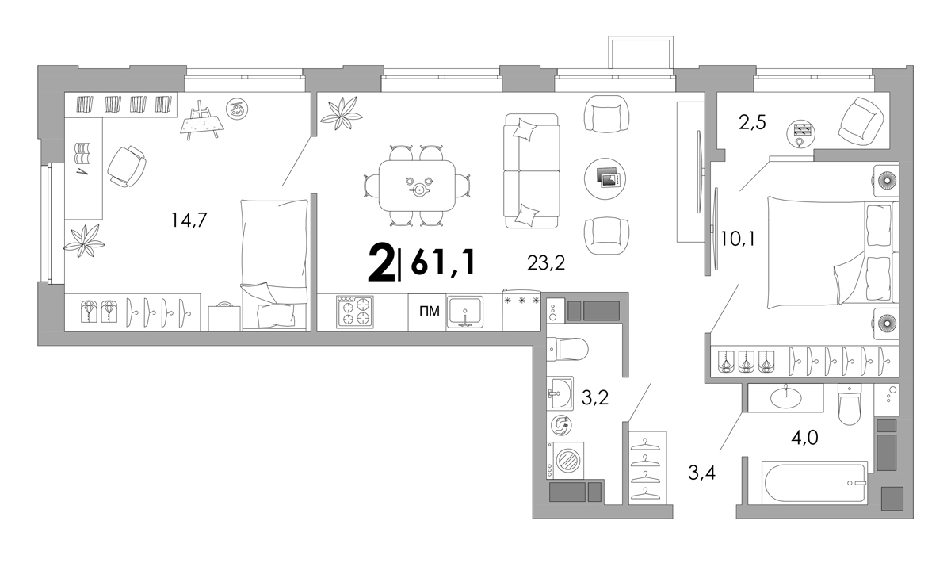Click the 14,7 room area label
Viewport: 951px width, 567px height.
click(189, 220)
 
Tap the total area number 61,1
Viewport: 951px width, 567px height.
click(442, 262)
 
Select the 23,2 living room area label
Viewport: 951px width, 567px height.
click(546, 263)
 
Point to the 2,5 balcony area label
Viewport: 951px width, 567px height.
click(752, 123)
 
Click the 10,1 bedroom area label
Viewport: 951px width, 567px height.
click(739, 239)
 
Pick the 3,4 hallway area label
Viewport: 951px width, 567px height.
click(702, 473)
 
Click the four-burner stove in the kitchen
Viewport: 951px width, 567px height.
click(355, 312)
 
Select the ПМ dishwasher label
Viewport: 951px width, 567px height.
click(430, 312)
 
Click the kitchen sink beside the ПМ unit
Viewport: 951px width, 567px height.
click(465, 312)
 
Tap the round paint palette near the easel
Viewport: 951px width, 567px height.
click(237, 109)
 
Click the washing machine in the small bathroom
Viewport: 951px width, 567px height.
click(565, 461)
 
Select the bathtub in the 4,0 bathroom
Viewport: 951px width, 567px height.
click(815, 483)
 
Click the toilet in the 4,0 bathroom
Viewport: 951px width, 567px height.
click(849, 404)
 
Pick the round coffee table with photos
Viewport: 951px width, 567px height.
click(605, 178)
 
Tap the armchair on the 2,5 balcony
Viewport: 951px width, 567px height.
click(861, 121)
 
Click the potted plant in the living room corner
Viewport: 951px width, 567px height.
click(341, 113)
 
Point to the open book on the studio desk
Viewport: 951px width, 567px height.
click(82, 154)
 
